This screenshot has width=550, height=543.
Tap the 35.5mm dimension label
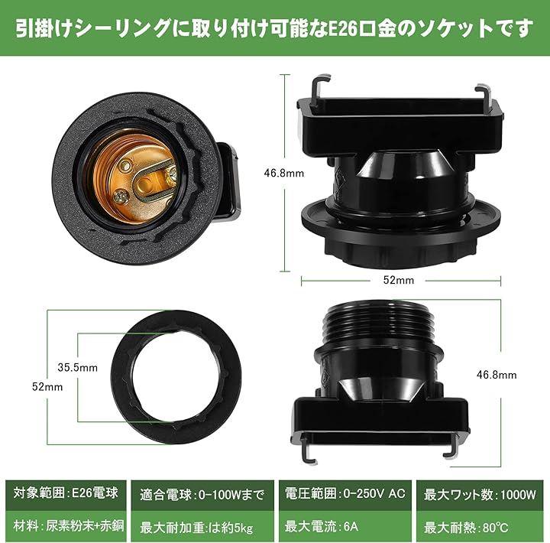[77, 367]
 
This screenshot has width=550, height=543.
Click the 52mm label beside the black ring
[47, 387]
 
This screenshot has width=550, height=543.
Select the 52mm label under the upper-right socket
[399, 280]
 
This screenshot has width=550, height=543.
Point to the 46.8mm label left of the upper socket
[283, 173]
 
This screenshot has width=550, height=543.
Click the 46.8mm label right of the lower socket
[497, 375]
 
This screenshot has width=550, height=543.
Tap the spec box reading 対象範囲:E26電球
[66, 495]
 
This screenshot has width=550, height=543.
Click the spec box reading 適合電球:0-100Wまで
[202, 495]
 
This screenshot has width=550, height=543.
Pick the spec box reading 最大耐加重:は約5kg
[202, 526]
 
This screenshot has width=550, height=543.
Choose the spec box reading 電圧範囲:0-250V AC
[345, 495]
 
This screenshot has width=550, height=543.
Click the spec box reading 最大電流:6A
[345, 526]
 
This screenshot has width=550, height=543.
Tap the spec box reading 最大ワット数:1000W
[480, 495]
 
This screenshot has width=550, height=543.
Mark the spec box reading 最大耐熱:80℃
[480, 526]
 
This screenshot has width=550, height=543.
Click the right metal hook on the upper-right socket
[484, 99]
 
